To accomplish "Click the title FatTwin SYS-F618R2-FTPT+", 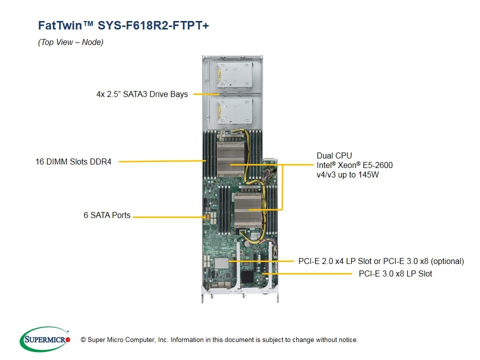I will [x=123, y=25].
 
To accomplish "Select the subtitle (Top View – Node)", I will [x=70, y=42].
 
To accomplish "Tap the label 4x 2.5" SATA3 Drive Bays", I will [x=142, y=94].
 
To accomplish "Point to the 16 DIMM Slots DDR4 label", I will [x=73, y=161].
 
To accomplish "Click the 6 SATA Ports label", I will [x=107, y=215].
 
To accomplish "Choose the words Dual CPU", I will [x=334, y=155].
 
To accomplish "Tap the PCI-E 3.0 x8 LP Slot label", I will [x=395, y=273].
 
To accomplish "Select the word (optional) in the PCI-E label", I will [x=447, y=261].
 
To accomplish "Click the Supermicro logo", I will [x=45, y=339].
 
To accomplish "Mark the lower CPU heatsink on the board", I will [x=250, y=210].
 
